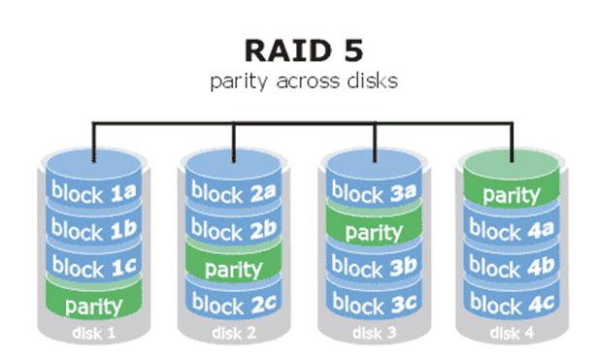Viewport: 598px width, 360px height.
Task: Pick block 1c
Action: pyautogui.click(x=92, y=266)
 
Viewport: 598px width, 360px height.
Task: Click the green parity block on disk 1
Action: pyautogui.click(x=92, y=306)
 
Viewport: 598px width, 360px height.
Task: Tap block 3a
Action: pyautogui.click(x=372, y=192)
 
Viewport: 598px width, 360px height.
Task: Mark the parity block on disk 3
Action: pyautogui.click(x=372, y=231)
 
